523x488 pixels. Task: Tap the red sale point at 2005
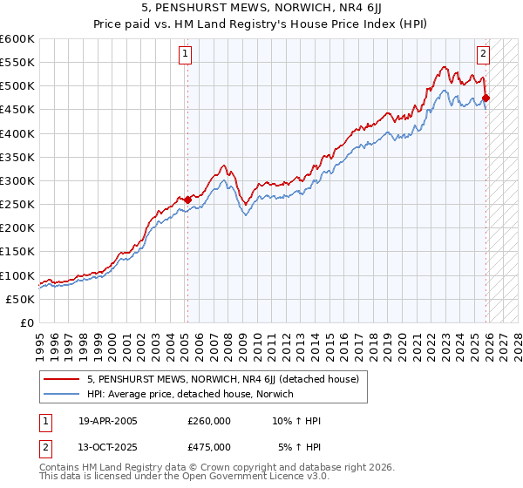(x=187, y=200)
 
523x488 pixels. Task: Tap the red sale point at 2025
(x=486, y=98)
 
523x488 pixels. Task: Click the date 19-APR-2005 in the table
(x=107, y=421)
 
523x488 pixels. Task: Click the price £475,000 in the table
(x=208, y=447)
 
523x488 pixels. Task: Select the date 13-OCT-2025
(x=107, y=447)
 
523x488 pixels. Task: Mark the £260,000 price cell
(x=208, y=421)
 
